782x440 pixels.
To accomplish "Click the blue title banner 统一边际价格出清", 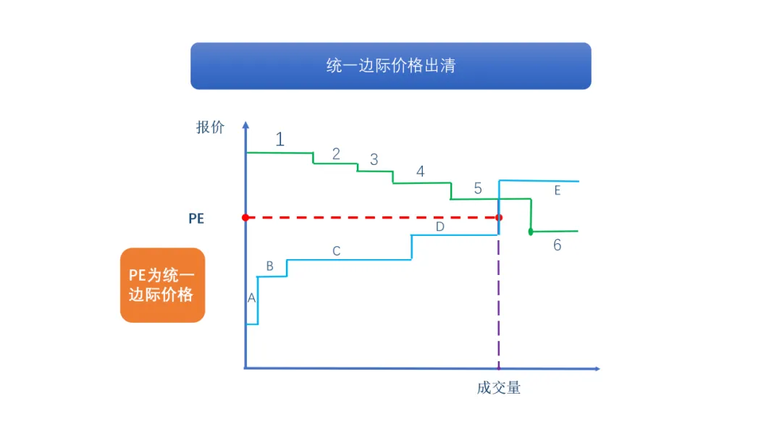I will coord(390,66).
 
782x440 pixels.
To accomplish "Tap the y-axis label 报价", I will coord(210,127).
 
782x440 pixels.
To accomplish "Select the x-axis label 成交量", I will coord(499,388).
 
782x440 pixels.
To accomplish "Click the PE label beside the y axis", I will coord(196,218).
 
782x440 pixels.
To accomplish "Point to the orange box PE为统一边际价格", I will coord(162,285).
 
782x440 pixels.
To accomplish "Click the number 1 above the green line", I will coord(279,139).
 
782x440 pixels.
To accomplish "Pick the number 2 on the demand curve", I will coord(336,153).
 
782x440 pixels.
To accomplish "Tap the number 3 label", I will coord(374,160).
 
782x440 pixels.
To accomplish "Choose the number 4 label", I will coord(420,172).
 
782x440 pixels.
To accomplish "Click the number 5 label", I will coord(478,189).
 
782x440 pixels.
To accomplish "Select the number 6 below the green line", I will coord(557,245).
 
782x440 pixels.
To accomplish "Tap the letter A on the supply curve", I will coord(251,298).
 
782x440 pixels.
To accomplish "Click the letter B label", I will coord(269,266).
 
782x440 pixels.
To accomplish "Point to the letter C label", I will coord(336,252).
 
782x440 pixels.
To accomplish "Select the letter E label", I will coord(557,191).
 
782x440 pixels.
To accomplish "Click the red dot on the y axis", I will coord(245,217).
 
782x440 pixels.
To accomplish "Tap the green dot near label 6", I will coord(531,232).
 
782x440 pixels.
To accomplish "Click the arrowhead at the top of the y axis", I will coord(245,124).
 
